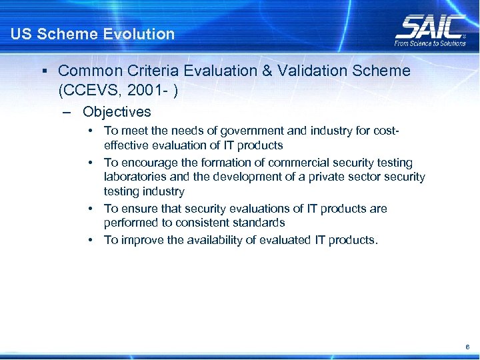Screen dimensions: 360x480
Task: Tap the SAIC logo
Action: point(430,27)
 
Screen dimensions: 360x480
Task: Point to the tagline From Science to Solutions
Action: point(430,43)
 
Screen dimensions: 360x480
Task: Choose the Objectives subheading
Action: point(117,112)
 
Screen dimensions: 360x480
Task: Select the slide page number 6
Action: point(468,347)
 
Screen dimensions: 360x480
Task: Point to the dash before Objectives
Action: point(66,113)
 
